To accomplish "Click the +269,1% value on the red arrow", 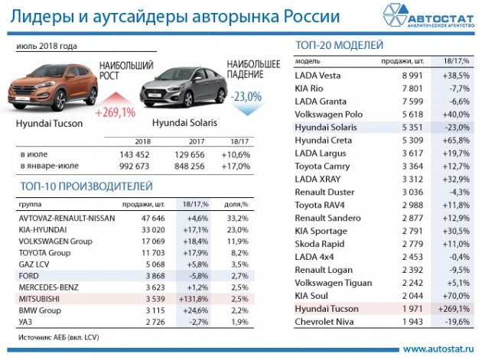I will pyautogui.click(x=115, y=112).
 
